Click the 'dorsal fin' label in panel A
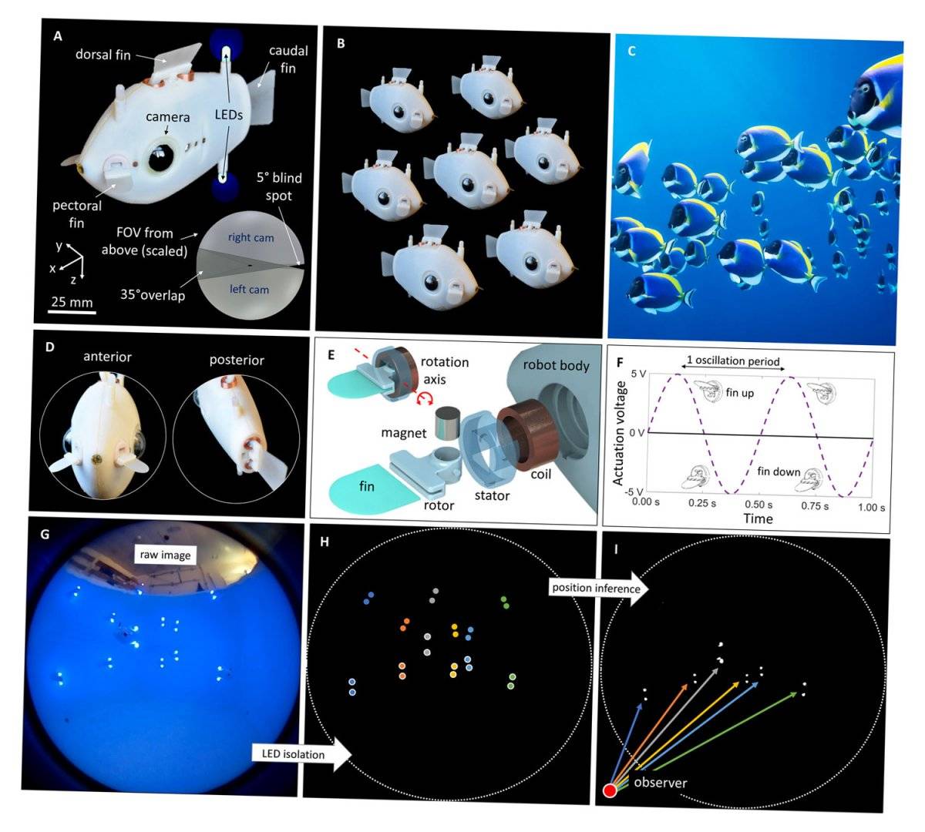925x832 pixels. [x=103, y=55]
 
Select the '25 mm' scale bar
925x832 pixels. [x=72, y=312]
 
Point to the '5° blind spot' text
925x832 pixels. [x=279, y=186]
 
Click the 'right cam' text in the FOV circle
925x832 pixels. [x=251, y=237]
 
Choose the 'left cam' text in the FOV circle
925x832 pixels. [x=249, y=290]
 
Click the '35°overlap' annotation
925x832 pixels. [x=153, y=295]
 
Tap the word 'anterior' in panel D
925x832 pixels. [x=107, y=357]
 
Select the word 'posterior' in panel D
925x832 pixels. [x=237, y=360]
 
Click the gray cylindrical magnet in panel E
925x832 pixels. [x=446, y=422]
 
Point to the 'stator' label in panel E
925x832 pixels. [x=492, y=495]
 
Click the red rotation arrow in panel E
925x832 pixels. [x=424, y=398]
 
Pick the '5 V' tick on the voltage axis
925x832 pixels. [x=639, y=374]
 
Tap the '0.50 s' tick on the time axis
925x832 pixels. [x=758, y=505]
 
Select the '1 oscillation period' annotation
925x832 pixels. [x=733, y=361]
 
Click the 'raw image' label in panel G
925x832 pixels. [x=165, y=555]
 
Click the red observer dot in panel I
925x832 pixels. [x=610, y=791]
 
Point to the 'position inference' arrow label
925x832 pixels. [x=596, y=588]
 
